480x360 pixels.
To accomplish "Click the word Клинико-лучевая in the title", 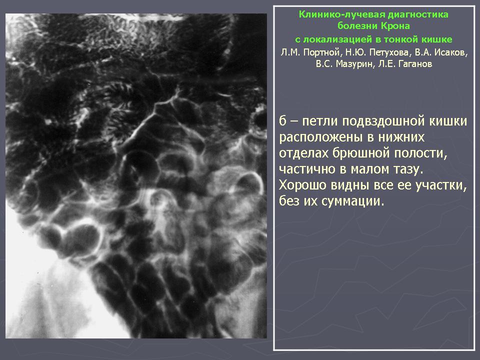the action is [x=341, y=14].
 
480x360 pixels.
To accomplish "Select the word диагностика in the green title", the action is [x=418, y=14].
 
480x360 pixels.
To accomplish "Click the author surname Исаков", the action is [x=450, y=52].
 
